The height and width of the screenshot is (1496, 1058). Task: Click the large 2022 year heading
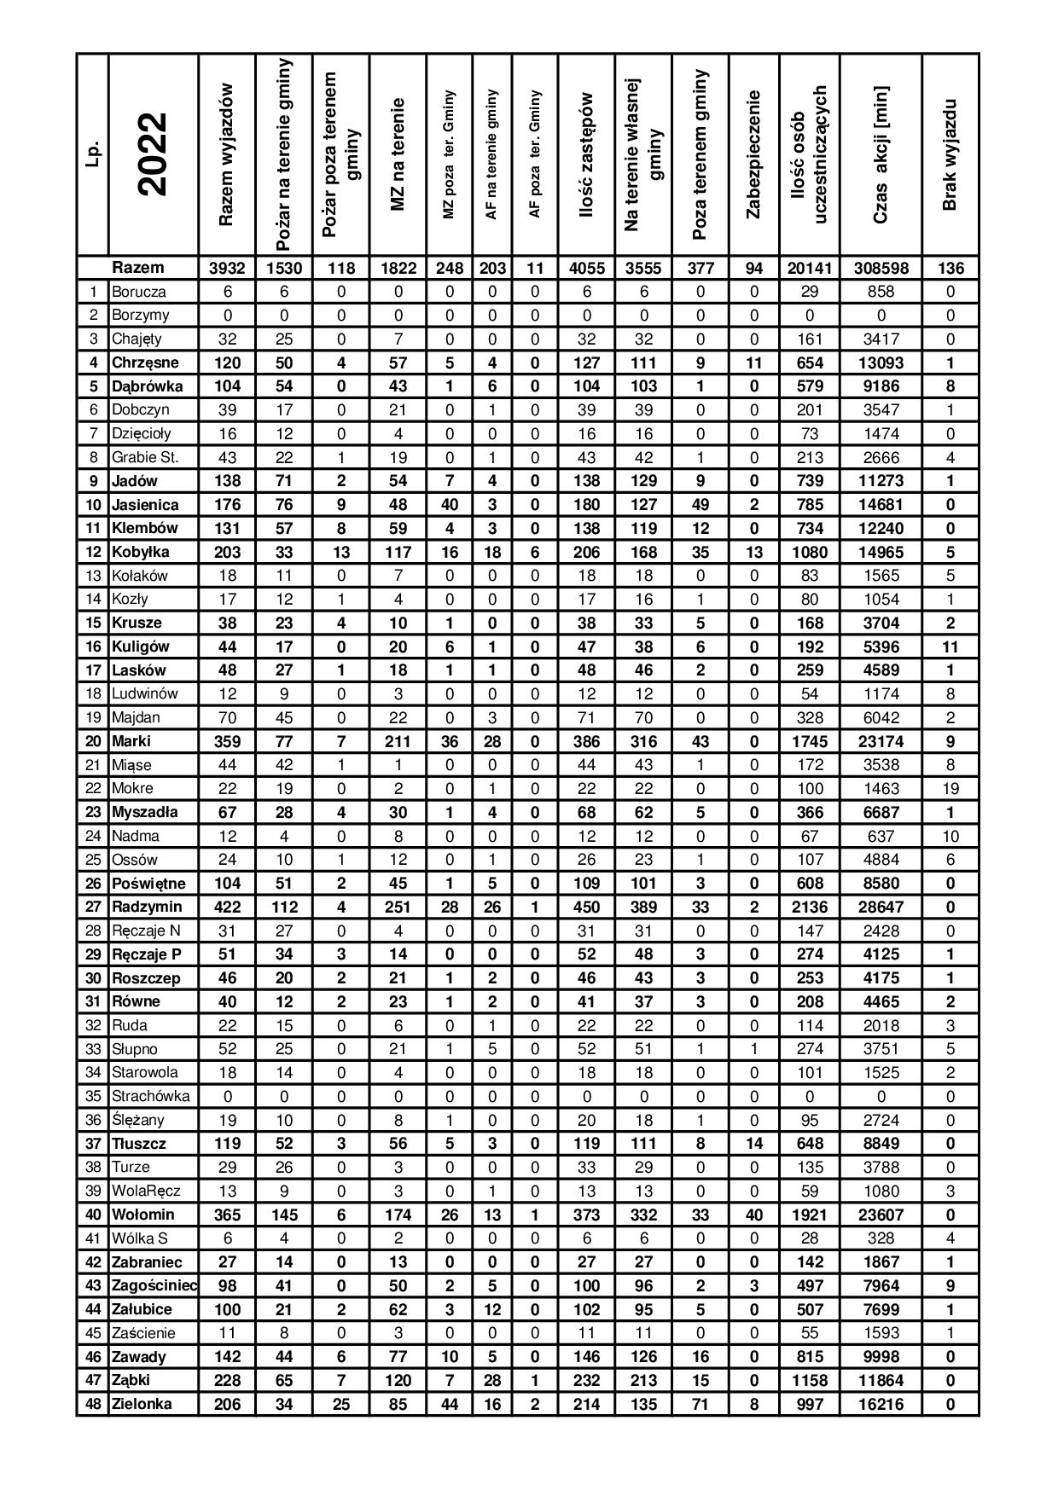pos(153,154)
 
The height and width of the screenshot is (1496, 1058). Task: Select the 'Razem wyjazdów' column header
pos(226,154)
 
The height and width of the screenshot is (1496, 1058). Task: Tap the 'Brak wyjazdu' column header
pos(950,154)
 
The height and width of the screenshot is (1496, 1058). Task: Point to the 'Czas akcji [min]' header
pos(881,154)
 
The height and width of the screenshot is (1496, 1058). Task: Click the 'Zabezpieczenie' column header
pos(753,154)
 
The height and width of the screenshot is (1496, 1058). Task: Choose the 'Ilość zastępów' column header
pos(586,154)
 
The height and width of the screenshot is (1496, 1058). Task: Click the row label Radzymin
pos(147,907)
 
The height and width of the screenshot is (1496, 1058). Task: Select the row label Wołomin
pos(142,1215)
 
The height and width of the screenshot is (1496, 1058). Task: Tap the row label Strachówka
pos(150,1096)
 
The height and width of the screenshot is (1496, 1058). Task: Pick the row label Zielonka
pos(142,1404)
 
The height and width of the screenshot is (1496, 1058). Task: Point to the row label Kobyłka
pos(141,552)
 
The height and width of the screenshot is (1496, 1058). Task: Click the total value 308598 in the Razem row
pos(881,268)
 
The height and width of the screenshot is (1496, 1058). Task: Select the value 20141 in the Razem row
pos(809,268)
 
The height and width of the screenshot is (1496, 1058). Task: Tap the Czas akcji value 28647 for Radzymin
pos(881,907)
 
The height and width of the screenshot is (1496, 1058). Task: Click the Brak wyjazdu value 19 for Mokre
pos(950,788)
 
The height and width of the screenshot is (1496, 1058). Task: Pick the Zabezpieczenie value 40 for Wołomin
pos(753,1215)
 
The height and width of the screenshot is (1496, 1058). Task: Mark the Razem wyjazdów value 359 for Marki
pos(226,741)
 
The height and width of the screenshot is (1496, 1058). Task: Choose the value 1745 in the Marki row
pos(809,741)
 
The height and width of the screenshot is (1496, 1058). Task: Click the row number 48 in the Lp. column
pos(93,1404)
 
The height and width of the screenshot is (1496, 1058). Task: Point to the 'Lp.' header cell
pos(93,154)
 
